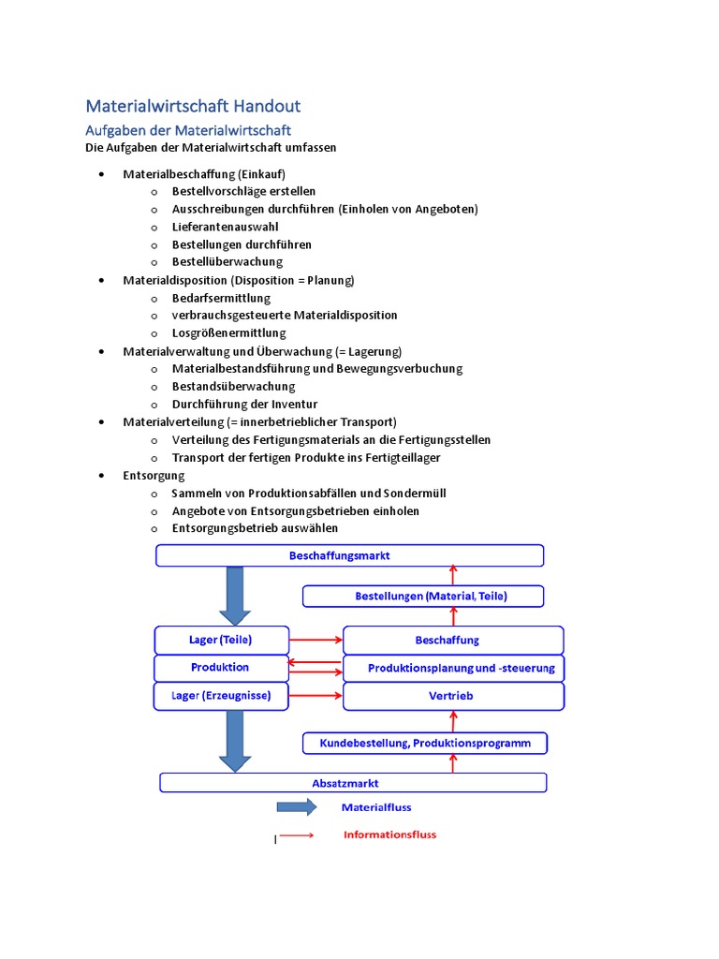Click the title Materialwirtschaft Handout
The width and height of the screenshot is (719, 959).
pos(193,107)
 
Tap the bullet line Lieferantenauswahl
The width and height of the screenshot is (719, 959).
pos(225,227)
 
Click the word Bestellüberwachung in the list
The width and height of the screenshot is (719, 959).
pos(227,262)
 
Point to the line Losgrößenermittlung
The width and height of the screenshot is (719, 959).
pos(228,333)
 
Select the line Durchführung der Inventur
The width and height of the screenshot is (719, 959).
pos(244,405)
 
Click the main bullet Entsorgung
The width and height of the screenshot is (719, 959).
pos(154,476)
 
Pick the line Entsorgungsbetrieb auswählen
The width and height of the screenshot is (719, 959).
pos(255,528)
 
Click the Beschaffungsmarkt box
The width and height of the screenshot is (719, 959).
pos(349,555)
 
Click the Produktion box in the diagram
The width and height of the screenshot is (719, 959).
pos(221,668)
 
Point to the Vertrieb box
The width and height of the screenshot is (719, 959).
pos(453,696)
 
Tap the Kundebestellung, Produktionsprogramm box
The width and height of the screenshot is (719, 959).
pos(424,744)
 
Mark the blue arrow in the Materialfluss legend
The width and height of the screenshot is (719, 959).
pos(297,807)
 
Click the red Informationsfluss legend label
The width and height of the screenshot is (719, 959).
pos(389,834)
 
